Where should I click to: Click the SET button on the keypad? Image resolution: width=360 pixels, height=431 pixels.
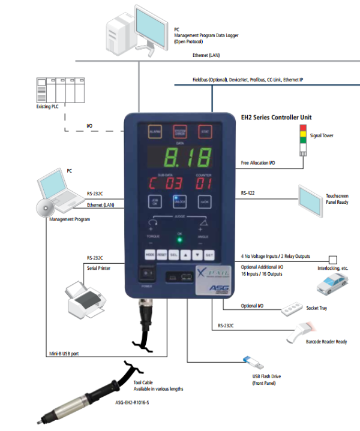tap(210, 254)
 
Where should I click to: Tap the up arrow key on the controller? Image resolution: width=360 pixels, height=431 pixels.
tap(186, 254)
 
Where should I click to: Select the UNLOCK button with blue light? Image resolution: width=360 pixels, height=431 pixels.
tap(179, 202)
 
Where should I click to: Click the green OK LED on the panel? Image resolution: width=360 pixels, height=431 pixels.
tap(178, 240)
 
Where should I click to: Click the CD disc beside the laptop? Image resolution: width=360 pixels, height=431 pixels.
tap(42, 208)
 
